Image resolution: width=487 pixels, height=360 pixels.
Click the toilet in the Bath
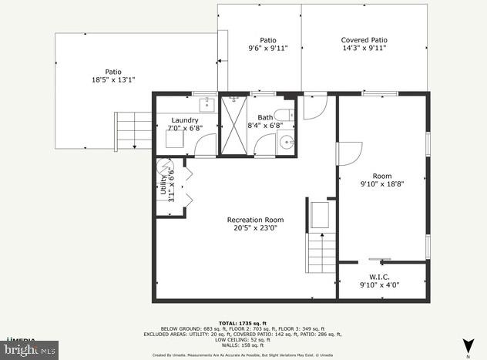pos(282,116)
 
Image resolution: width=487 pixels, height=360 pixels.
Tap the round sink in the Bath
pos(286,143)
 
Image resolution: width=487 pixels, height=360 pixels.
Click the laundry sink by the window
pos(207,106)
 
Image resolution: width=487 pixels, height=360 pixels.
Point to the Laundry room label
pos(185,120)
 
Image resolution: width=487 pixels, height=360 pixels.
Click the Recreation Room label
pos(255,220)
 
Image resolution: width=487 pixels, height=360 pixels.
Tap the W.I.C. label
pos(379,277)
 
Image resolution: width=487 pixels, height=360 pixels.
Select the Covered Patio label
pos(364,40)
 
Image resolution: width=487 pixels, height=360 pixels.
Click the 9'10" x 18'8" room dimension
pos(381,184)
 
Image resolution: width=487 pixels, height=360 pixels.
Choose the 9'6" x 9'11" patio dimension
pos(267,48)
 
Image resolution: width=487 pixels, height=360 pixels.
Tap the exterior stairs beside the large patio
pos(133,130)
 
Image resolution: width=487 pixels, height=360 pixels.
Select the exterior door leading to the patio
pos(314,106)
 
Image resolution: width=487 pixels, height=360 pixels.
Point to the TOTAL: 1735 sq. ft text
pos(243,323)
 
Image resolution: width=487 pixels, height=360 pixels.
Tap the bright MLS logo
pos(29,349)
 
